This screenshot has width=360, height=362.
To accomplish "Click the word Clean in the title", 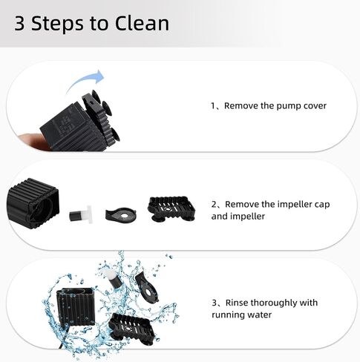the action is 142,23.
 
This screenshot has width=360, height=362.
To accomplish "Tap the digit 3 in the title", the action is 19,24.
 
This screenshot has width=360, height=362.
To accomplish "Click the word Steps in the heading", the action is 57,24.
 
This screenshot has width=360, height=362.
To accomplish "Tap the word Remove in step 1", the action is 240,106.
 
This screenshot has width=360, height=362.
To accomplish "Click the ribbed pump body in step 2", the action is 33,203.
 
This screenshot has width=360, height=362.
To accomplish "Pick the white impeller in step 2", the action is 80,214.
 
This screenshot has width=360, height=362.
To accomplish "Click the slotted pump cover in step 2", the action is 171,208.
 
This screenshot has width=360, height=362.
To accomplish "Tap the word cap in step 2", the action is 322,205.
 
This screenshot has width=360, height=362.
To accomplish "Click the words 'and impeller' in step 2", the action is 238,217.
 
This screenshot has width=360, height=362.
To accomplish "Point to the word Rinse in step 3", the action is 237,303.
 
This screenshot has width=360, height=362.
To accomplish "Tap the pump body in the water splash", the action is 76,306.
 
